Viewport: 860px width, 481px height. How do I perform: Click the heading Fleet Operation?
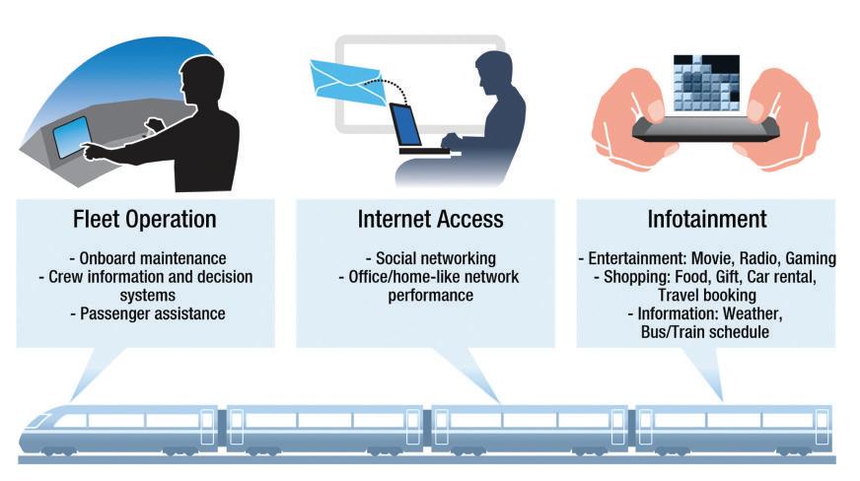[144, 218]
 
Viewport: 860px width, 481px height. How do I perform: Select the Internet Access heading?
[430, 218]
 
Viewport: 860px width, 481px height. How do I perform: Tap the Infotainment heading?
[705, 218]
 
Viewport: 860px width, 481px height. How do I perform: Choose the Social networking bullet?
[430, 259]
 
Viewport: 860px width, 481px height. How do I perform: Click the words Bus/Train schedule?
[705, 333]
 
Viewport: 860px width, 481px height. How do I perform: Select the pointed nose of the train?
[30, 434]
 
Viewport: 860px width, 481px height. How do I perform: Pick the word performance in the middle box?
[430, 296]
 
